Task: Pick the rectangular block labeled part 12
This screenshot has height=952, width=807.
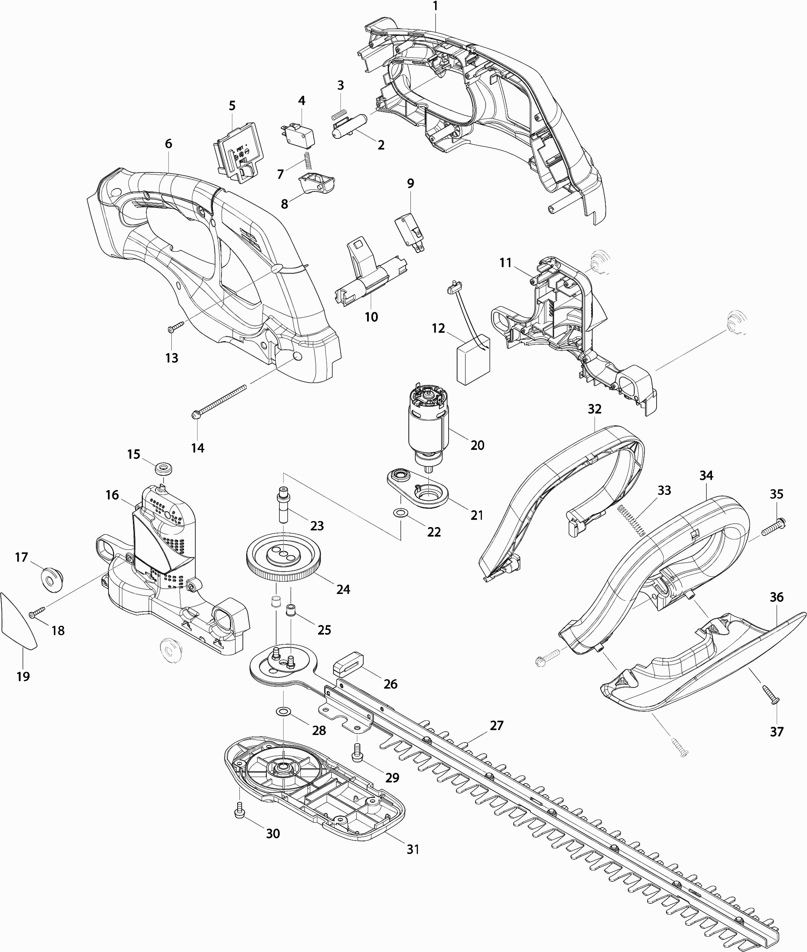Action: point(473,360)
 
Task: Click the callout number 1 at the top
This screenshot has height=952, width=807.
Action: point(435,6)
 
